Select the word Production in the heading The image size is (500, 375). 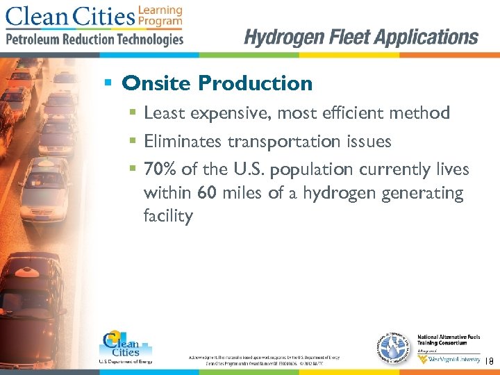(255, 84)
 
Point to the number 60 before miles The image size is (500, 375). (207, 193)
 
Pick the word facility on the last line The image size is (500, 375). (167, 216)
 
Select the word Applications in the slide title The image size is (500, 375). (423, 37)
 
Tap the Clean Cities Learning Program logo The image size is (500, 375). (94, 17)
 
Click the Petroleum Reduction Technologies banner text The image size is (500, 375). (94, 39)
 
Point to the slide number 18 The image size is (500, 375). (488, 361)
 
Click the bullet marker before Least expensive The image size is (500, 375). (132, 112)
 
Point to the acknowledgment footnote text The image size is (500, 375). (263, 359)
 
